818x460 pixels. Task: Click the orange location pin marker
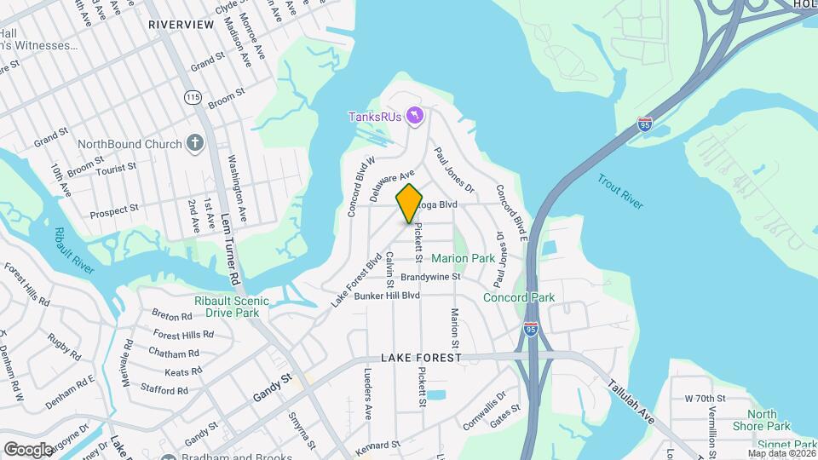point(410,203)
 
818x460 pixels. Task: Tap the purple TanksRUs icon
point(415,116)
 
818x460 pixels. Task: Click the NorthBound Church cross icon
point(196,143)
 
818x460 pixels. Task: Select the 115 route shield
point(193,98)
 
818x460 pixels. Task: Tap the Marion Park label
point(463,258)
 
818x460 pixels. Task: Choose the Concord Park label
point(519,297)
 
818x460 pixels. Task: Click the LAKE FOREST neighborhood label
point(421,358)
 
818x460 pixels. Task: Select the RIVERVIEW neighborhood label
point(181,25)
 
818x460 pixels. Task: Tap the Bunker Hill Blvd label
point(387,296)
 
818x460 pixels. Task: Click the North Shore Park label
point(763,420)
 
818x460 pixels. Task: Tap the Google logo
point(28,449)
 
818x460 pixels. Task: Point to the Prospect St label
point(114,209)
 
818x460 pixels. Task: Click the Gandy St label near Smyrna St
point(273,391)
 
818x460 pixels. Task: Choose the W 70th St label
point(704,398)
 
